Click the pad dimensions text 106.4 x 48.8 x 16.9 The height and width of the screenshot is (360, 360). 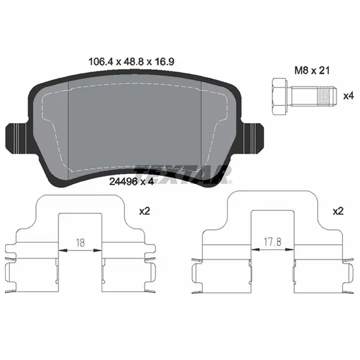coord(131,62)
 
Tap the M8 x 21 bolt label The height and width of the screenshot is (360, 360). coord(312,71)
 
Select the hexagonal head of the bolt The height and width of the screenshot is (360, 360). coord(279,96)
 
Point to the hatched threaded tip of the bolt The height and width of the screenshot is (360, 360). coord(323,96)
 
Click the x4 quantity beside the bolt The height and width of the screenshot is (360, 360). coord(348,96)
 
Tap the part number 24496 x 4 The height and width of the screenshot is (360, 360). coord(131,181)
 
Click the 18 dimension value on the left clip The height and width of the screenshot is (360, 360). coord(80,243)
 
